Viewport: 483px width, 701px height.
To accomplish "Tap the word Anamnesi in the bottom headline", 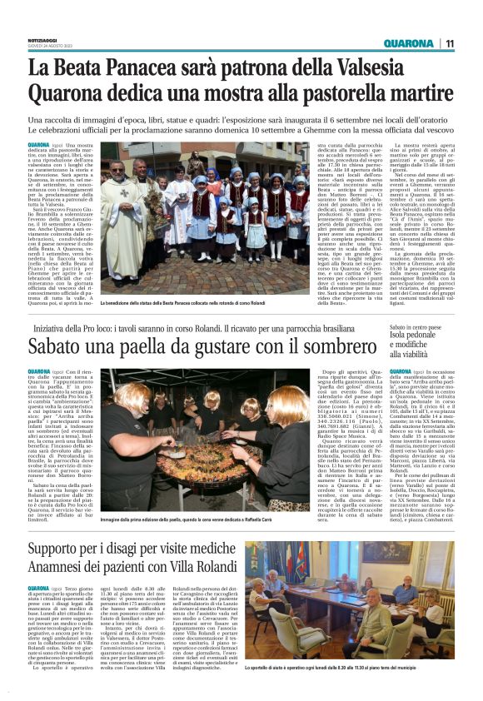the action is (x=63, y=574).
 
